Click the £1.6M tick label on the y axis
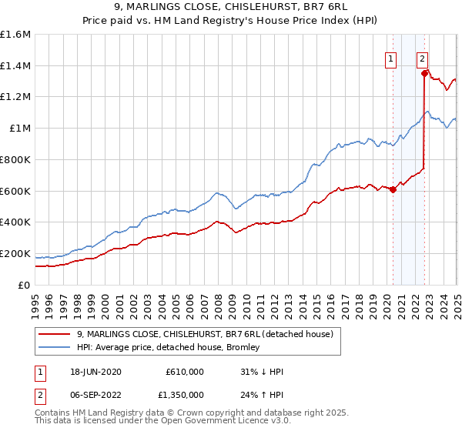pos(15,35)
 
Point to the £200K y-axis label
pos(15,253)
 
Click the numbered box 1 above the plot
pos(390,57)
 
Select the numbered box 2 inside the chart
pos(423,57)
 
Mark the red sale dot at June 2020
pos(393,189)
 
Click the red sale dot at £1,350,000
pos(424,74)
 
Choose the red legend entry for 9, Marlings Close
pos(204,334)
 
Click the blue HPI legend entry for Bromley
pos(168,347)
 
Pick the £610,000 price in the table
pos(185,372)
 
